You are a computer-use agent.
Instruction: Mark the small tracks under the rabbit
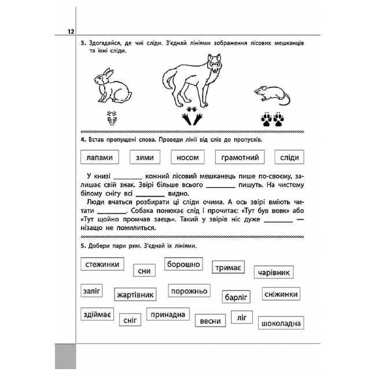114,120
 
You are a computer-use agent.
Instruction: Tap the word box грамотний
240,157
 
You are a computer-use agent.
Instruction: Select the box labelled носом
189,157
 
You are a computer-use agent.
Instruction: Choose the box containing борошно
183,264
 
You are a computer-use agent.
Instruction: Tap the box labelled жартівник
135,294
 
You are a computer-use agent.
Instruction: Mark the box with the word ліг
241,317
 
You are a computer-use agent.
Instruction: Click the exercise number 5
83,246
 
